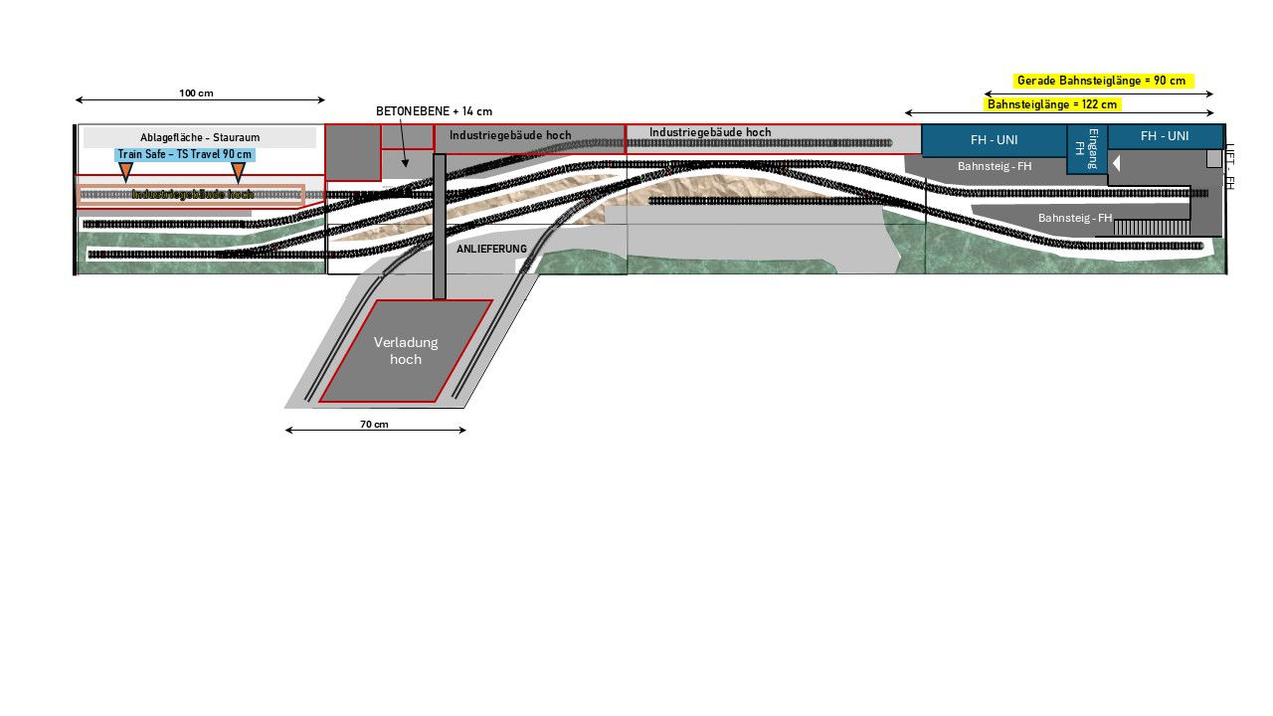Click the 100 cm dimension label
pyautogui.click(x=196, y=93)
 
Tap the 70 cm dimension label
pyautogui.click(x=374, y=424)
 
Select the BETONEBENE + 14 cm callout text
pyautogui.click(x=434, y=111)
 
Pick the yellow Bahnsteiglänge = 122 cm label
pyautogui.click(x=1053, y=104)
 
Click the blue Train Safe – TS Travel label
pyautogui.click(x=185, y=154)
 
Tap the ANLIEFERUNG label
pyautogui.click(x=491, y=249)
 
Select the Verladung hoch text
pyautogui.click(x=406, y=351)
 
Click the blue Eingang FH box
pyautogui.click(x=1087, y=149)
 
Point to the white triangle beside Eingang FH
pyautogui.click(x=1116, y=163)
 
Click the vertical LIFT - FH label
pyautogui.click(x=1229, y=166)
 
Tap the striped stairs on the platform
pyautogui.click(x=1152, y=228)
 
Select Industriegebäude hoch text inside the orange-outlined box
pyautogui.click(x=192, y=195)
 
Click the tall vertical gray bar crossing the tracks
pyautogui.click(x=440, y=227)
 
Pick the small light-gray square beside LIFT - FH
pyautogui.click(x=1213, y=158)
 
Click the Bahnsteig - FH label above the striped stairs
pyautogui.click(x=1074, y=218)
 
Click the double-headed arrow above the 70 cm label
pyautogui.click(x=375, y=431)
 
